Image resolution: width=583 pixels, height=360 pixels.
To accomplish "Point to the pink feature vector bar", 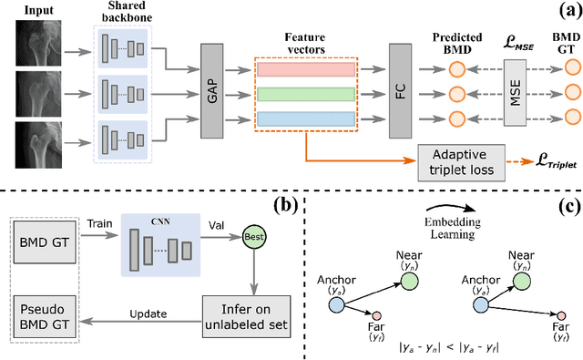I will (x=308, y=69).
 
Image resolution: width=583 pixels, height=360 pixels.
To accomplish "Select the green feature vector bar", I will (x=308, y=95).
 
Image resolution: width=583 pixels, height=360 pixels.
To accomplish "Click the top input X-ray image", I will (x=37, y=48).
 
